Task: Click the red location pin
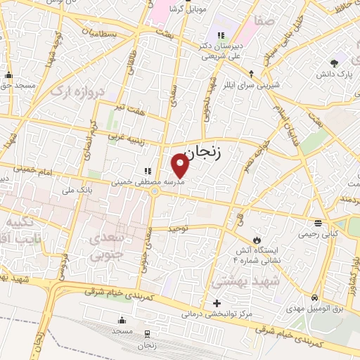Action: pos(180,166)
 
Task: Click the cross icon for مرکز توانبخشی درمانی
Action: pos(216,303)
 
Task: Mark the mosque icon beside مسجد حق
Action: pos(8,75)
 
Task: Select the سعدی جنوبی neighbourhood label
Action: pos(107,246)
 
